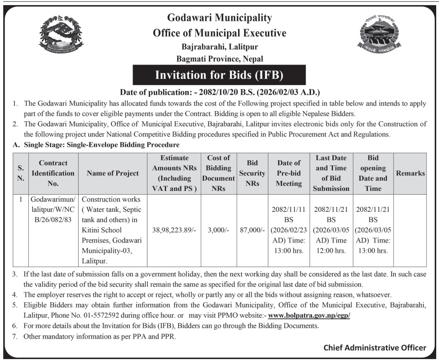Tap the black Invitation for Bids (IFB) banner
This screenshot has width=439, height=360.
[x=219, y=75]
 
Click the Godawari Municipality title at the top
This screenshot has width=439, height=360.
[x=219, y=18]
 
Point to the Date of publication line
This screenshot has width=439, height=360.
[x=220, y=92]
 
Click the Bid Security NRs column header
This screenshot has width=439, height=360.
[x=253, y=173]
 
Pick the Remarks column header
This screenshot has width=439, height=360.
[x=410, y=173]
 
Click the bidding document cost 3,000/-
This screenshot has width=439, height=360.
[x=219, y=229]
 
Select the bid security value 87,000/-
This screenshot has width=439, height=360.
[x=253, y=229]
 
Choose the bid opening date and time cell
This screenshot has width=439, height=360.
[x=373, y=229]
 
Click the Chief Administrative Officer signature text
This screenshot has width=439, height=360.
[x=374, y=347]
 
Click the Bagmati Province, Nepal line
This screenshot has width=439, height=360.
[x=219, y=59]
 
